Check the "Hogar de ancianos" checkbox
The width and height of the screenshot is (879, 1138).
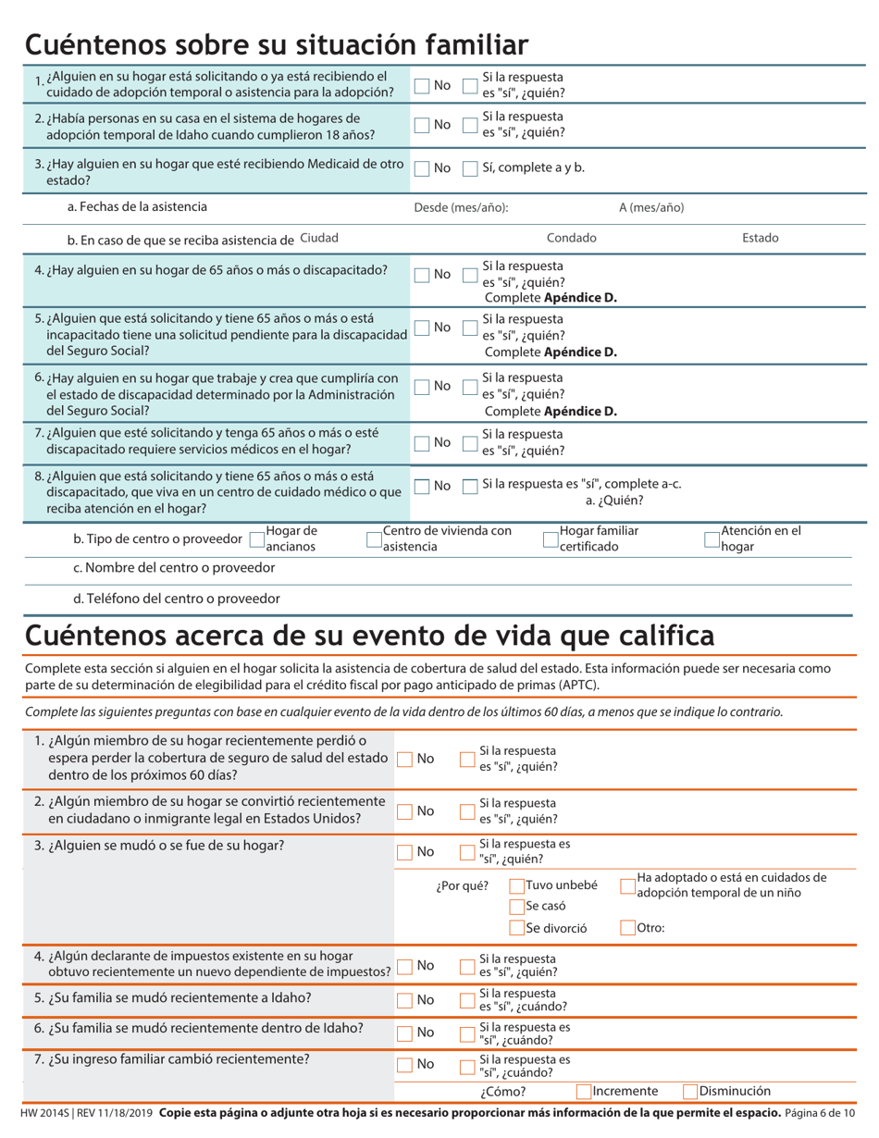click(257, 538)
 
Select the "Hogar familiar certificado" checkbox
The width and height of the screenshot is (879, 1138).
click(551, 538)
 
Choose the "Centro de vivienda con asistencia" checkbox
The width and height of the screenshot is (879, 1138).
click(375, 538)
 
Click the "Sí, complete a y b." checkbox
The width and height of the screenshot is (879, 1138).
click(469, 168)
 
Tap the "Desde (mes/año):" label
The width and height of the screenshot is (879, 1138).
click(461, 207)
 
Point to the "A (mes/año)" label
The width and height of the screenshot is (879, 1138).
click(651, 207)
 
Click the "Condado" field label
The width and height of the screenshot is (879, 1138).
click(571, 238)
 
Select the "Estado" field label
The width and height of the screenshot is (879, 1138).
click(760, 238)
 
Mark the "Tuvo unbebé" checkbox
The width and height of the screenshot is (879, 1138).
click(517, 885)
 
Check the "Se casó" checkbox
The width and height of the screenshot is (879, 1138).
click(517, 907)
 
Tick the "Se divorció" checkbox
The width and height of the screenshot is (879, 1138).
click(517, 928)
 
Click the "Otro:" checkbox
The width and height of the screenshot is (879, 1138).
click(628, 928)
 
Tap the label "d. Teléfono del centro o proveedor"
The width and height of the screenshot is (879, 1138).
click(183, 598)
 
